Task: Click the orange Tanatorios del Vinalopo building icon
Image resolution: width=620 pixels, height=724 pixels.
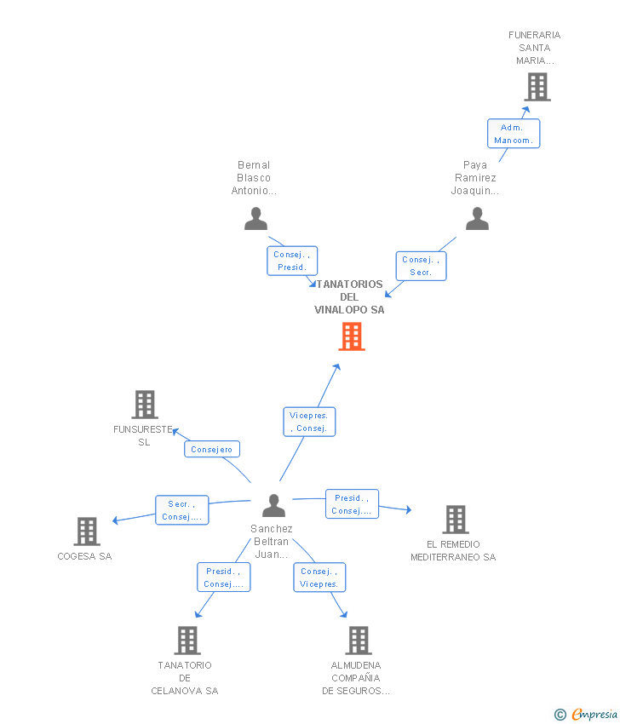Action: click(351, 336)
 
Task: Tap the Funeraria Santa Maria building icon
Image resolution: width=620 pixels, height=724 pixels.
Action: click(537, 87)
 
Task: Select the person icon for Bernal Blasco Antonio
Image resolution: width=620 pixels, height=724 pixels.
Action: click(255, 219)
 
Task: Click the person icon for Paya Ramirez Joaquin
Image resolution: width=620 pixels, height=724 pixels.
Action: click(477, 219)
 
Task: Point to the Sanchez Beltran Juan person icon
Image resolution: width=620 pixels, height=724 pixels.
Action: click(273, 506)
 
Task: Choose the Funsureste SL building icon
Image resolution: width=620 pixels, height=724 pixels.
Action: click(145, 405)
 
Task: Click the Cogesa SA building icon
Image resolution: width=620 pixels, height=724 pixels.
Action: click(86, 532)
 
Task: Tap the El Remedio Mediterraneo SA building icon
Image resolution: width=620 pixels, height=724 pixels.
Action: click(455, 520)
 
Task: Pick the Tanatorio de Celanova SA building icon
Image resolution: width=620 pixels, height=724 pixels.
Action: click(187, 641)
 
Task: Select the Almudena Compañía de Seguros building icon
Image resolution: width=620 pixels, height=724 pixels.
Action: click(358, 641)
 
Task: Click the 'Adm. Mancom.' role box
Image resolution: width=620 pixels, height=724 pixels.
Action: click(514, 134)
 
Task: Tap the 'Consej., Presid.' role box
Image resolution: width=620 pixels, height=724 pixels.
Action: click(292, 261)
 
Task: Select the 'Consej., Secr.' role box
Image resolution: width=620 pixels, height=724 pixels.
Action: click(421, 266)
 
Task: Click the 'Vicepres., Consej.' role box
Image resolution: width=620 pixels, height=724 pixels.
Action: click(309, 422)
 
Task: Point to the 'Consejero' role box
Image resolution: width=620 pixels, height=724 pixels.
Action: click(212, 449)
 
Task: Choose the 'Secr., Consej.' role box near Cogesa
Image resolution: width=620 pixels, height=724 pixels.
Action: click(181, 510)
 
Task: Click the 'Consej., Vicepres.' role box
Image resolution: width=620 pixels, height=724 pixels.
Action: click(319, 577)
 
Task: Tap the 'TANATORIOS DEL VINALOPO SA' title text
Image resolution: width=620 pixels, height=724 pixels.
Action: click(349, 296)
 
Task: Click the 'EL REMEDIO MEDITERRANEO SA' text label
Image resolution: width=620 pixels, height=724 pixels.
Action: click(453, 550)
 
